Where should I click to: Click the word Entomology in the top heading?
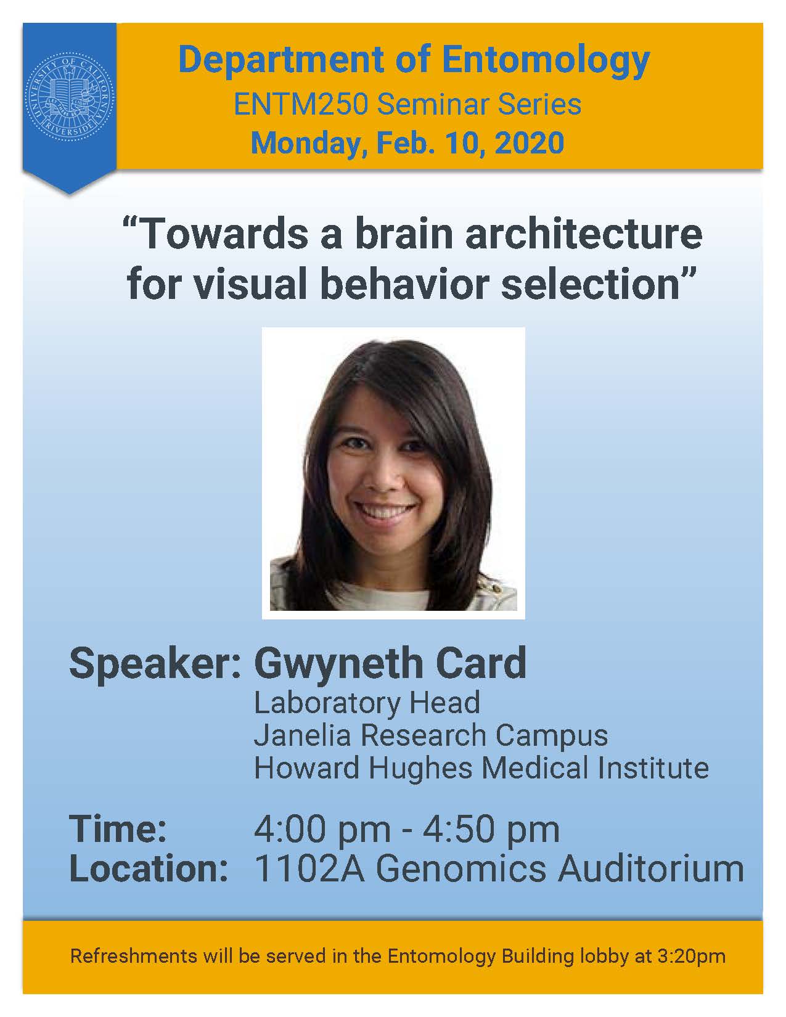pyautogui.click(x=546, y=60)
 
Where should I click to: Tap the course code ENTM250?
pyautogui.click(x=301, y=104)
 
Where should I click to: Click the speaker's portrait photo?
pyautogui.click(x=393, y=473)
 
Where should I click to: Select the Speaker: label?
pyautogui.click(x=155, y=664)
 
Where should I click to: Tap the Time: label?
pyautogui.click(x=118, y=829)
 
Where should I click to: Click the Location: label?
pyautogui.click(x=149, y=868)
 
